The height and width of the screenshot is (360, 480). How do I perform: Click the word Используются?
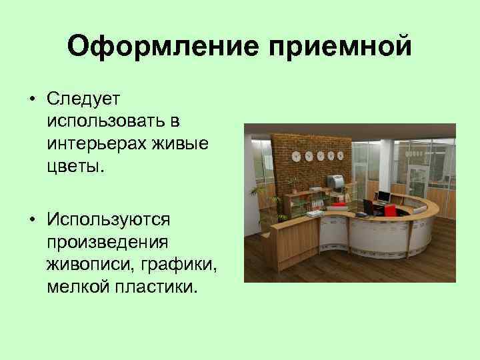tap(109, 219)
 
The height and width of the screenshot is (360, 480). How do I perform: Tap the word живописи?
tap(89, 266)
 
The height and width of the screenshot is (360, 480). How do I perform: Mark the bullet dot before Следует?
tap(31, 99)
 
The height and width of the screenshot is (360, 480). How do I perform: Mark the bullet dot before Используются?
tap(31, 220)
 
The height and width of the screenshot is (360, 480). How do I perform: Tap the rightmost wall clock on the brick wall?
tap(339, 156)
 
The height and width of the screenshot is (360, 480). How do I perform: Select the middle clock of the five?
tap(319, 155)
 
